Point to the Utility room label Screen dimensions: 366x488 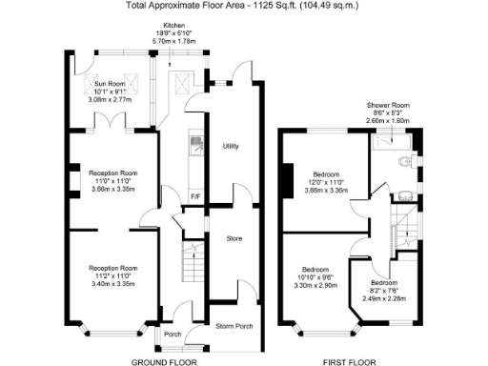click(231, 146)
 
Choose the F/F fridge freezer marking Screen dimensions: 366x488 click(194, 197)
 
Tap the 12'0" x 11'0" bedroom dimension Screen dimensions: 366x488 click(327, 182)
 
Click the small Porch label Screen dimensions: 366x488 click(173, 335)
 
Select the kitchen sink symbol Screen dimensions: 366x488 click(194, 146)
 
